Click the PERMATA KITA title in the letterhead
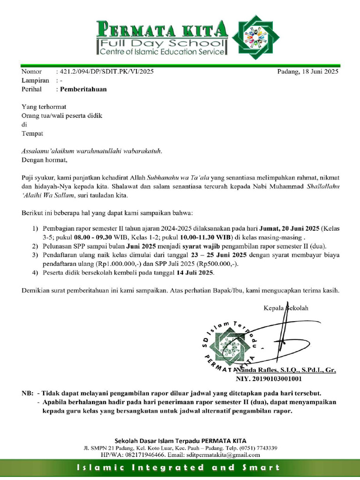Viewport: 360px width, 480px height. [162, 30]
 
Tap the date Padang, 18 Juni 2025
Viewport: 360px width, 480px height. [307, 72]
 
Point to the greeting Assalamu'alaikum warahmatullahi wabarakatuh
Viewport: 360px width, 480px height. [92, 151]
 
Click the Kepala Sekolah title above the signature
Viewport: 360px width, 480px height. [286, 308]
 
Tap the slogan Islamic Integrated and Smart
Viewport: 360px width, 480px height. [180, 467]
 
